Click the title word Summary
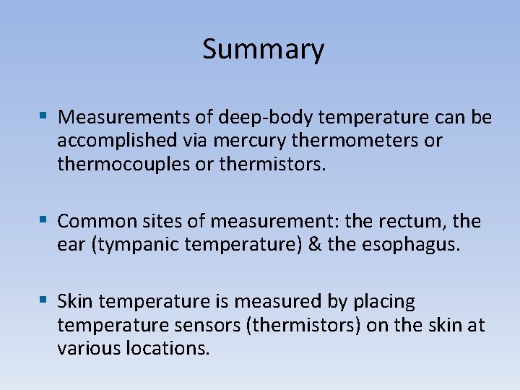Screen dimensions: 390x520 [x=263, y=50]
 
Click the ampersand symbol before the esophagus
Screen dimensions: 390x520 [x=314, y=244]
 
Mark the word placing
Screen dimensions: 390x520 [x=385, y=301]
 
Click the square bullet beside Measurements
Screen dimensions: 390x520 [x=44, y=115]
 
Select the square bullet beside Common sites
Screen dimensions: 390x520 [x=44, y=219]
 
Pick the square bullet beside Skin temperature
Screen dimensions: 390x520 [x=44, y=299]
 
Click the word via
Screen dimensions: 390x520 [x=191, y=140]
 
